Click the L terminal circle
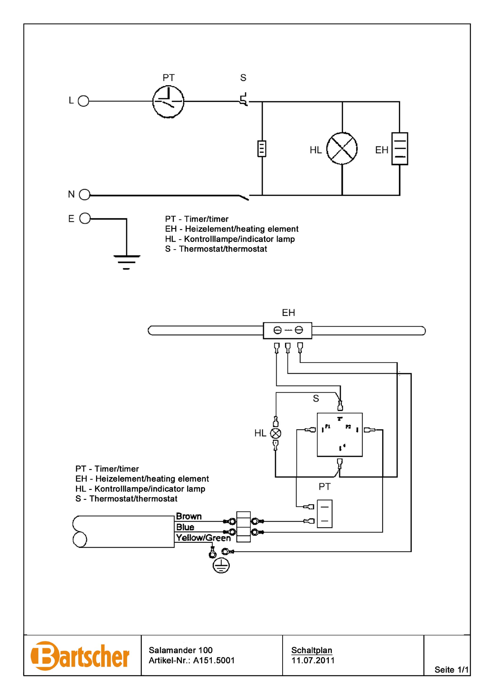(x=84, y=101)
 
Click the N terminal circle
(x=85, y=195)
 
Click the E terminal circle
(x=85, y=218)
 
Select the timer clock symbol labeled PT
(x=168, y=102)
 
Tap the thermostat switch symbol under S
(x=244, y=99)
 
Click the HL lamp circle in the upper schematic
(x=342, y=149)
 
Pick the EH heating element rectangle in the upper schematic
(x=400, y=149)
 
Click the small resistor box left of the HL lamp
(x=262, y=149)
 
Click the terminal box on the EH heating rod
(x=287, y=331)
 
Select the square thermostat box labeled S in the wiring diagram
(x=340, y=435)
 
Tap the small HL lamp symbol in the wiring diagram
(x=275, y=433)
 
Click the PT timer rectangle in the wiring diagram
(x=324, y=514)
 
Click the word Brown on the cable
(x=189, y=516)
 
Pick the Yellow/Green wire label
(x=203, y=538)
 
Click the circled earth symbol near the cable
(x=221, y=565)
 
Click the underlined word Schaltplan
(x=312, y=650)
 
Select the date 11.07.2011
(x=313, y=661)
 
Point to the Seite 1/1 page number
(x=451, y=670)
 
